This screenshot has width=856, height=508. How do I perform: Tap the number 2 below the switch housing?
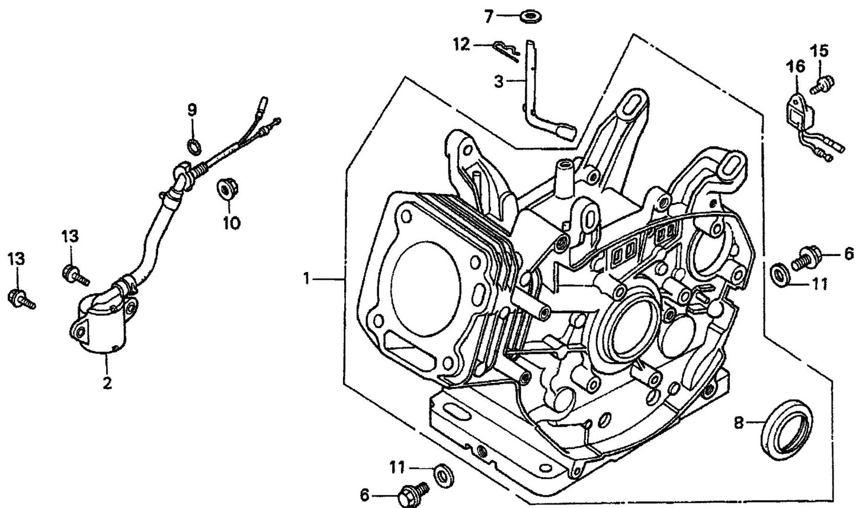coord(107,384)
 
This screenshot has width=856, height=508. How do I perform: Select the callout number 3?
coord(499,82)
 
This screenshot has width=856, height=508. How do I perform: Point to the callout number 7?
coord(488,17)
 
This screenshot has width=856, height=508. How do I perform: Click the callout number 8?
coord(738,423)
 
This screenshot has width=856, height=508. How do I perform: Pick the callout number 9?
coord(192,110)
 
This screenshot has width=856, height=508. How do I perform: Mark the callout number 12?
coord(461,43)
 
